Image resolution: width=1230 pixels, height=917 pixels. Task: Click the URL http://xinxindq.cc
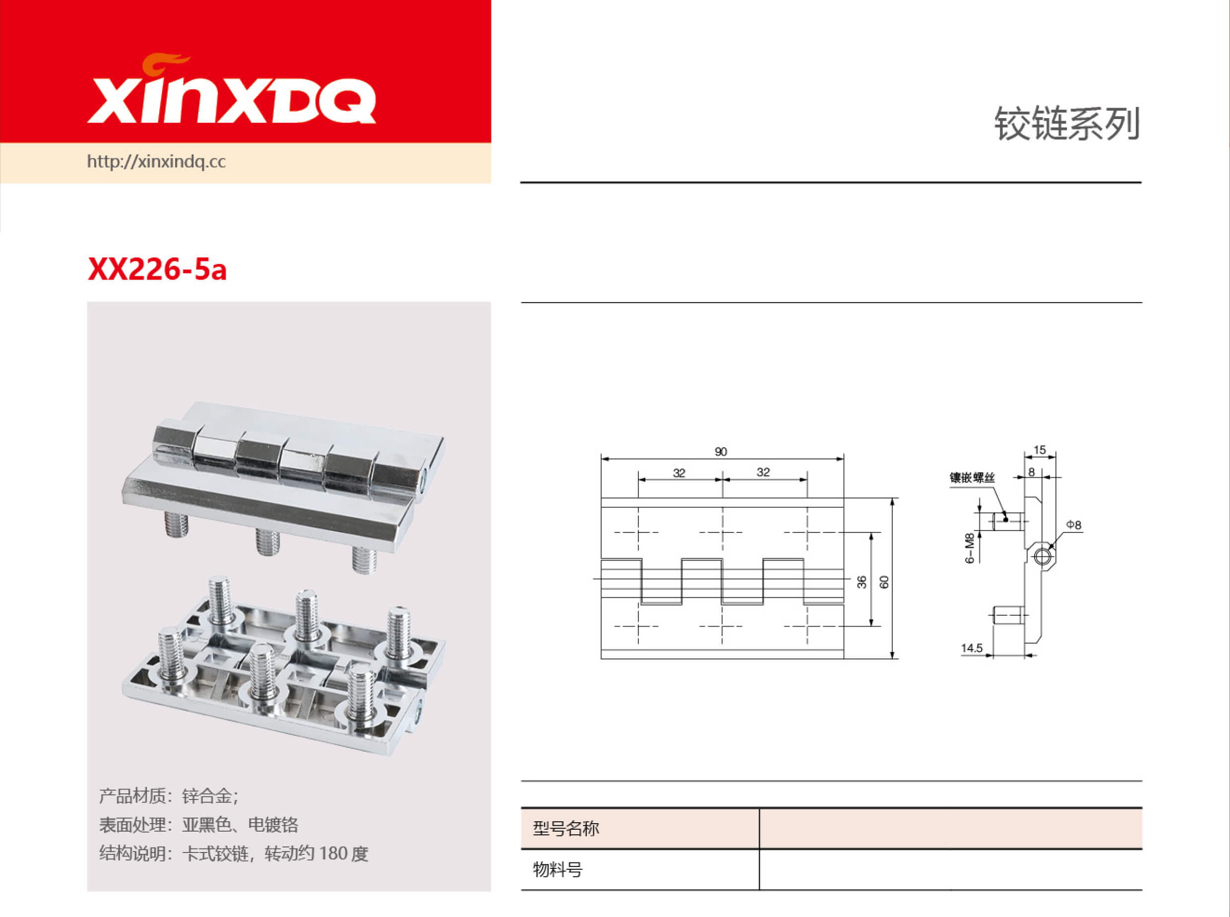point(156,162)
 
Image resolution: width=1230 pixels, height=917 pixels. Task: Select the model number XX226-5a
point(157,270)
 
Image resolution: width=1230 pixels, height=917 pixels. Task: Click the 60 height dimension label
point(884,582)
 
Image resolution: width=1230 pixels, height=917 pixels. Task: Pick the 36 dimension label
point(861,582)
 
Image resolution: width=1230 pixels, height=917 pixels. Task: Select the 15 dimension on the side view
point(1040,450)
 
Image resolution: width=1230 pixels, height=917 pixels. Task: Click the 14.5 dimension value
point(972,648)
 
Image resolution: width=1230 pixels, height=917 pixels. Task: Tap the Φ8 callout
point(1074,524)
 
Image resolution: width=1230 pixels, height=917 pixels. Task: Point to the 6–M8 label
point(969,548)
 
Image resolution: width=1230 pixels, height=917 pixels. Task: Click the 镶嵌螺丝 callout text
point(972,477)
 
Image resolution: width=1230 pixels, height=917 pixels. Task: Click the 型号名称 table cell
point(566,829)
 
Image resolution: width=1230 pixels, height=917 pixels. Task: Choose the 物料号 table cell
point(557,870)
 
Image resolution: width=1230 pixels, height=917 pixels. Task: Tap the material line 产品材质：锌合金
point(169,796)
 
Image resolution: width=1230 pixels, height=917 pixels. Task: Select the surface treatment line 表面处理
point(198,825)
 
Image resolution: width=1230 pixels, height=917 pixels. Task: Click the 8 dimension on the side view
point(1032,472)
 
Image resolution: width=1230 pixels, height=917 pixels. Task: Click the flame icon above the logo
point(165,63)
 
